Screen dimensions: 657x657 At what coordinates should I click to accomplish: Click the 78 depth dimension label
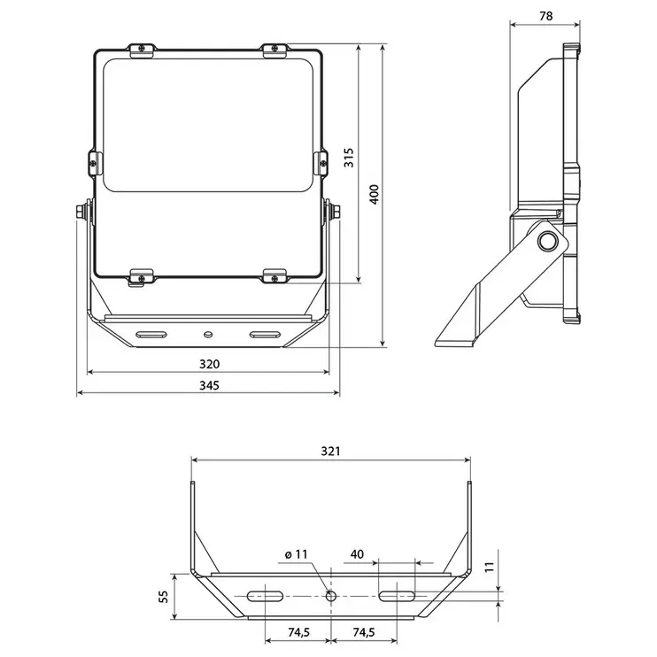pos(546,16)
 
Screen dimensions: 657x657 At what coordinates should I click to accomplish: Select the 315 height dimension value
pos(349,158)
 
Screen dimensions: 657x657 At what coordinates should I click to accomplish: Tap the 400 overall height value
pos(374,194)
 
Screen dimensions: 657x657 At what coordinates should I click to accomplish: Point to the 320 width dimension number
pos(209,364)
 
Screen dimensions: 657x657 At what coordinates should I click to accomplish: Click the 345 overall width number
pos(209,385)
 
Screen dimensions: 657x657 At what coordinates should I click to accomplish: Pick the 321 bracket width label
pos(330,451)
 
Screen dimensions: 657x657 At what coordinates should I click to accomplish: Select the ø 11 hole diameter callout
pos(297,554)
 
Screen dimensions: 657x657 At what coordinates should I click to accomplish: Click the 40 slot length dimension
pos(357,554)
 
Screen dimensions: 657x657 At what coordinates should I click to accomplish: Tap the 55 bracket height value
pos(163,596)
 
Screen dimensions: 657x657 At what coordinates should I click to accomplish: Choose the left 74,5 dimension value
pos(298,632)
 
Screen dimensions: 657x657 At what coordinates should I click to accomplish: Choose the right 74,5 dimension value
pos(364,632)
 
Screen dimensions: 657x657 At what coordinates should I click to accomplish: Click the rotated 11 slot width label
pos(490,567)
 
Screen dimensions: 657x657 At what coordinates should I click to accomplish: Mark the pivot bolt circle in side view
pos(547,242)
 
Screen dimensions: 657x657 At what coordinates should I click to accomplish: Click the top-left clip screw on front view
pos(143,48)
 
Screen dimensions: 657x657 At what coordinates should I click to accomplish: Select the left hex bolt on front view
pos(81,211)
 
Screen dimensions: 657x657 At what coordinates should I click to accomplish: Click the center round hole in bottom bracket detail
pos(331,595)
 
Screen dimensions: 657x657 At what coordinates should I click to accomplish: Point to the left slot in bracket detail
pos(265,596)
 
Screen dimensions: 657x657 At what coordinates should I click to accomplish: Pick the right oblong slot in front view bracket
pos(266,335)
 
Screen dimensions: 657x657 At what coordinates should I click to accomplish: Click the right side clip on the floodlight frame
pos(321,163)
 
